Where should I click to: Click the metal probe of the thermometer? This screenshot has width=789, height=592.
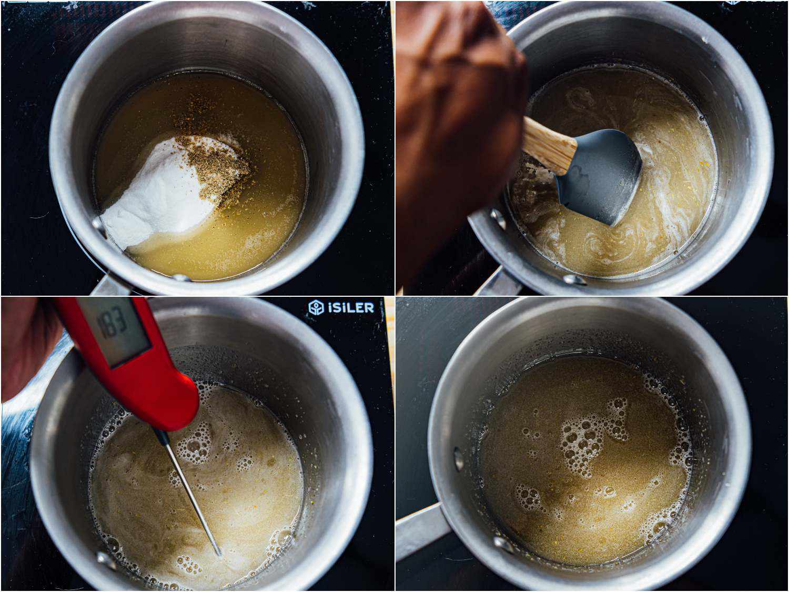[x=189, y=489]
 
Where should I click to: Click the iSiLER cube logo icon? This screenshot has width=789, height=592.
[x=316, y=307]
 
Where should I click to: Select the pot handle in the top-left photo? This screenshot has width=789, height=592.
[x=108, y=287]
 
